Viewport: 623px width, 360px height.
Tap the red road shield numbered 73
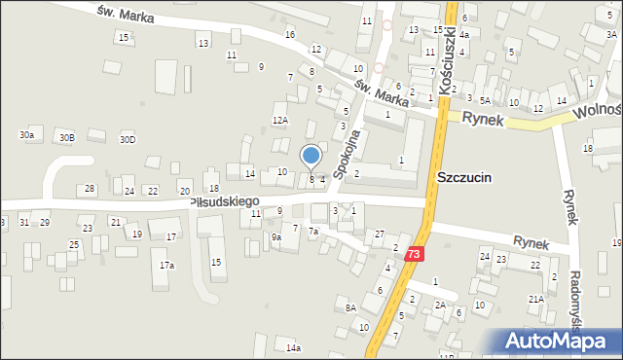pos(416,254)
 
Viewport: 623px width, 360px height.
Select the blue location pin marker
pos(311,157)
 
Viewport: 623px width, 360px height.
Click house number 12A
pos(280,120)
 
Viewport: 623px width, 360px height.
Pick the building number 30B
pos(66,138)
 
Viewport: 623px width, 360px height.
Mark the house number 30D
pos(128,139)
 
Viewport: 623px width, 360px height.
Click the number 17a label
pos(167,265)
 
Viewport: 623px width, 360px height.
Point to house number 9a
pos(276,236)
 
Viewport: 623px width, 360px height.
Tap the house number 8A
pos(350,307)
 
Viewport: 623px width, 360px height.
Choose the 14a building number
pos(292,347)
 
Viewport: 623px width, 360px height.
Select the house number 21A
pos(535,299)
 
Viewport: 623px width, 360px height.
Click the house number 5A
pos(484,100)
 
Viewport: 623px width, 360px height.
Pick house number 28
pos(90,188)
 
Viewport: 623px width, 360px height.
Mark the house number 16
pos(289,34)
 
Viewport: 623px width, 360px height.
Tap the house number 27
pos(380,234)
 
